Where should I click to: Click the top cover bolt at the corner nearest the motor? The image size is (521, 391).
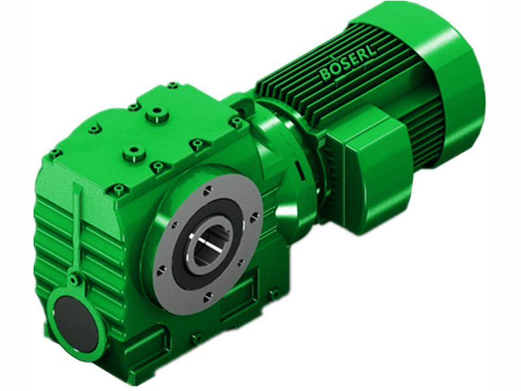tap(236, 121)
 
